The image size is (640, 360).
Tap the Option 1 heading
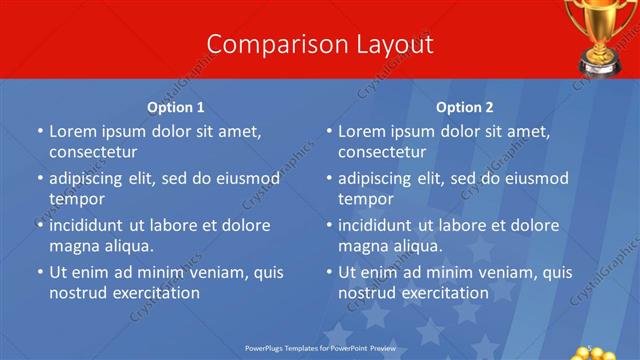176,107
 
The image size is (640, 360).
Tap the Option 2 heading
465,107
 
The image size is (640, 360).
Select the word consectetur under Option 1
93,152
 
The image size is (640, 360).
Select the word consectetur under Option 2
382,152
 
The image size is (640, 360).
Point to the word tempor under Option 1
75,199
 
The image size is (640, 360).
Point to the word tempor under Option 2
364,199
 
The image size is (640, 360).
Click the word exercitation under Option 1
153,293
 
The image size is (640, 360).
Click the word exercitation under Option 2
442,293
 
